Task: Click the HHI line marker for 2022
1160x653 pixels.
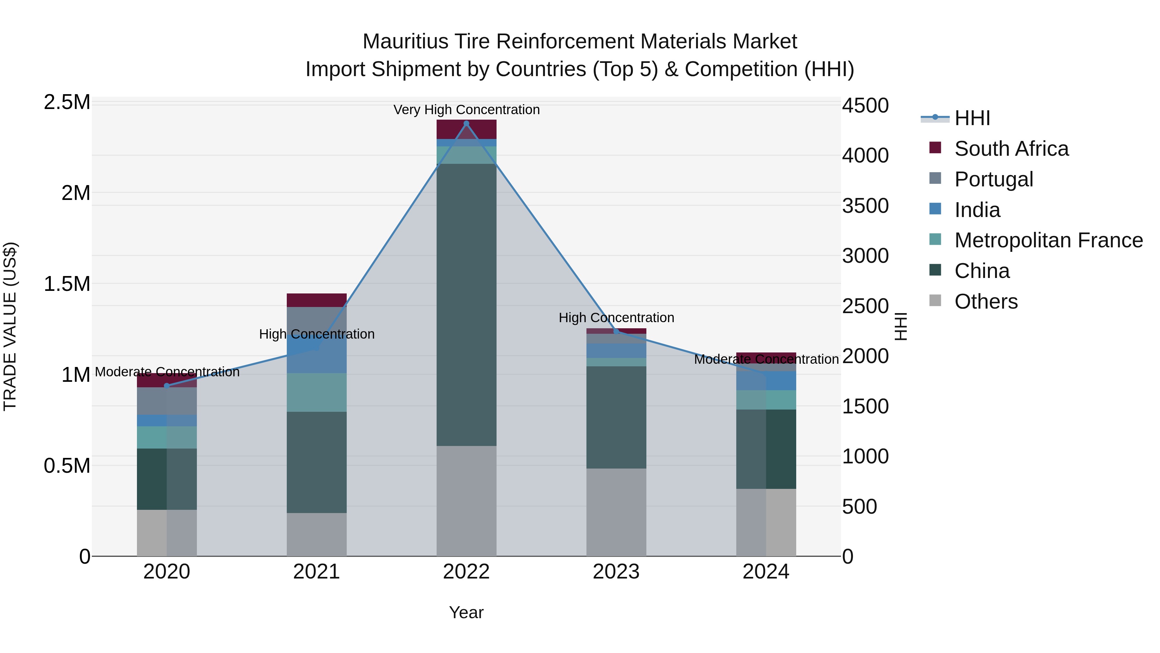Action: [x=466, y=123]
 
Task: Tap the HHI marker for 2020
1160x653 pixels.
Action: [x=167, y=386]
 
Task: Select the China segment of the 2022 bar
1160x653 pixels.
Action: [x=466, y=305]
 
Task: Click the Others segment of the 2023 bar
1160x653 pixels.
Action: [x=616, y=512]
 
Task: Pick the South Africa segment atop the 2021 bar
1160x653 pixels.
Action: [x=316, y=300]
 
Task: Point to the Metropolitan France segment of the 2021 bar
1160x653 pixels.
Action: [x=316, y=392]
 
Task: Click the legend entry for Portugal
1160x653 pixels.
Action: [x=993, y=179]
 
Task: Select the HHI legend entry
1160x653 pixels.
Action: [x=972, y=118]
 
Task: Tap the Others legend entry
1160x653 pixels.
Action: [x=985, y=302]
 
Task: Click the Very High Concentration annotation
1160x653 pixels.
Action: [x=466, y=110]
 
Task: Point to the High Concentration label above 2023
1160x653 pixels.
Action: [x=616, y=317]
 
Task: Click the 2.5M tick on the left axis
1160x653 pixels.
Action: [x=67, y=102]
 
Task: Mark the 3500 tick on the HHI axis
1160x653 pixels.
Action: [x=865, y=206]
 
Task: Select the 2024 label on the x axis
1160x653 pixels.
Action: [x=766, y=572]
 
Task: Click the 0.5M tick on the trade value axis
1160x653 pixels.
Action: [x=67, y=466]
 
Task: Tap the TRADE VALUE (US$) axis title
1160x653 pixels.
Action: [x=10, y=326]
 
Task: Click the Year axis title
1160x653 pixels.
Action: [x=466, y=612]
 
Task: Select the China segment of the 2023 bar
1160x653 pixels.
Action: [x=616, y=417]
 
